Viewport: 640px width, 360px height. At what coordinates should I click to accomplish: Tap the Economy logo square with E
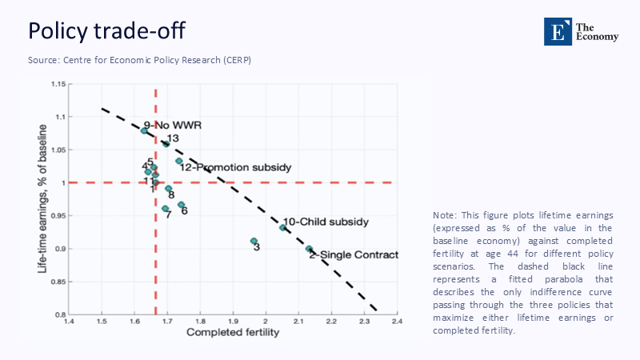[x=554, y=30]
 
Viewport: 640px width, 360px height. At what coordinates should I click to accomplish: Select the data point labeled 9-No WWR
[x=144, y=130]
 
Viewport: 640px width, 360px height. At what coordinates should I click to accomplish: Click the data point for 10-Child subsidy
[x=282, y=227]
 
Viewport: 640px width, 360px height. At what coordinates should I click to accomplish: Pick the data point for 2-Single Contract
[x=309, y=249]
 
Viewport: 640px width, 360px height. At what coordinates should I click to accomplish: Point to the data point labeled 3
[x=254, y=241]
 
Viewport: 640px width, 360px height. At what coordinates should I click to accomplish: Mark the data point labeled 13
[x=166, y=144]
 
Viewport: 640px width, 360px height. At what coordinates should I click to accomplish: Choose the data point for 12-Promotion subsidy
[x=179, y=161]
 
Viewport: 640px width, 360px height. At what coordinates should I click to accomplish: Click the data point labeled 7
[x=165, y=209]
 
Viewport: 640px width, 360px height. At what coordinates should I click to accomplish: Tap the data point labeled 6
[x=181, y=205]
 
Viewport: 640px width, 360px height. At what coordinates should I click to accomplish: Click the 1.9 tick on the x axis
[x=233, y=322]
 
